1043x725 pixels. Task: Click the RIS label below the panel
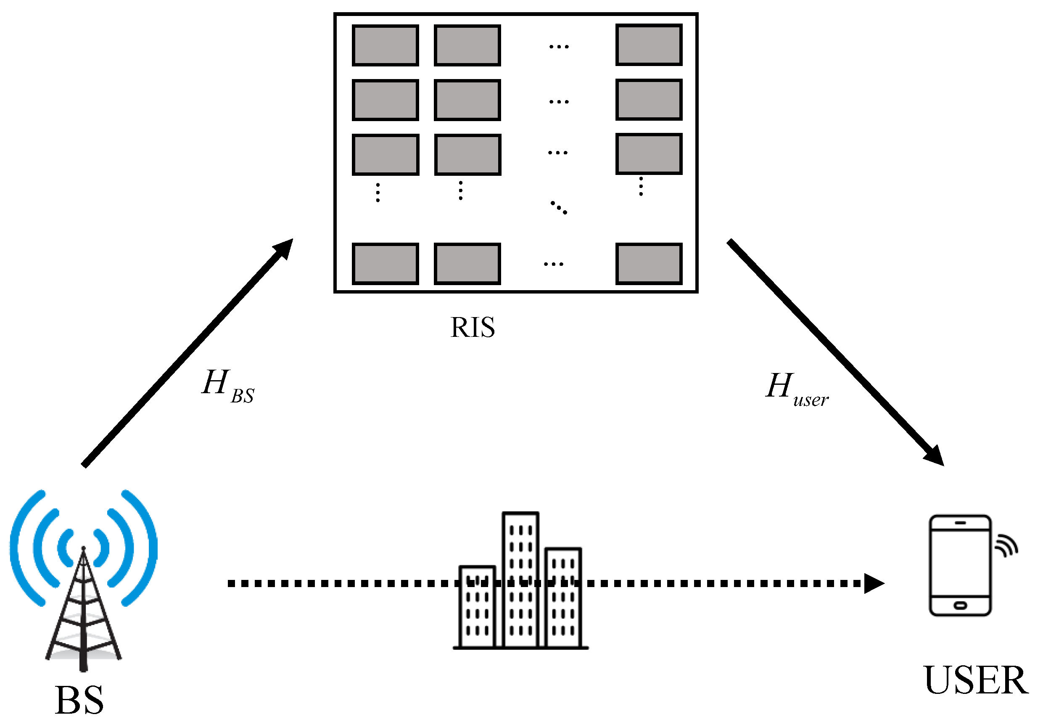pos(472,328)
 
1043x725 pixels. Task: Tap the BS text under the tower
pos(79,700)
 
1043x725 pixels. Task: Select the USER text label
pos(976,680)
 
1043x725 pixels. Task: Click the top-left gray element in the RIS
pos(385,45)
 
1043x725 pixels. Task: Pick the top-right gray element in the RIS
pos(648,45)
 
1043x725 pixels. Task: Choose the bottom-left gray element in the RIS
pos(385,264)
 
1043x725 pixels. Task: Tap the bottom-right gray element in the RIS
pos(648,264)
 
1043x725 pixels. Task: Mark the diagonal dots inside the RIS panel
pos(559,207)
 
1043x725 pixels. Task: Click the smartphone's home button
pos(960,606)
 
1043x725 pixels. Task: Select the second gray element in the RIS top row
pos(467,45)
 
